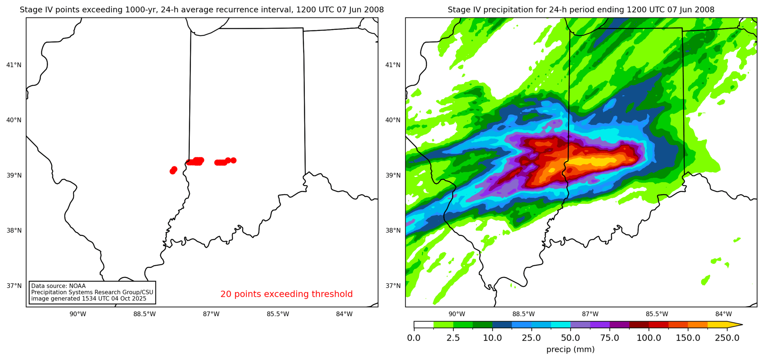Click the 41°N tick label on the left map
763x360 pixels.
coord(14,65)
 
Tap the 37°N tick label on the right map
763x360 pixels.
coord(393,286)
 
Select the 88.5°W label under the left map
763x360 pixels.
coord(145,314)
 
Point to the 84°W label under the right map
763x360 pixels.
coord(724,314)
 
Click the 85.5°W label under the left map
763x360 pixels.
coord(278,314)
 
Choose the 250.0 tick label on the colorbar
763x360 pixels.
coord(727,338)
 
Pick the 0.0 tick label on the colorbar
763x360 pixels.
coord(414,338)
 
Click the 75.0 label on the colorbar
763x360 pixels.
coord(610,338)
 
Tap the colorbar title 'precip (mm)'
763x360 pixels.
coord(570,349)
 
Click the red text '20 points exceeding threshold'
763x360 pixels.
coord(287,294)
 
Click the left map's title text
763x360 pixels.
coord(202,10)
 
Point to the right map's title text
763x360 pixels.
coord(581,10)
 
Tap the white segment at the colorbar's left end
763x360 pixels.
coord(423,325)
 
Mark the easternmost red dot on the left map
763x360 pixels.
coord(234,160)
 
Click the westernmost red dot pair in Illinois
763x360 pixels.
coord(173,170)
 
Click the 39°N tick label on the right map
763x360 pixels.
coord(393,175)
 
